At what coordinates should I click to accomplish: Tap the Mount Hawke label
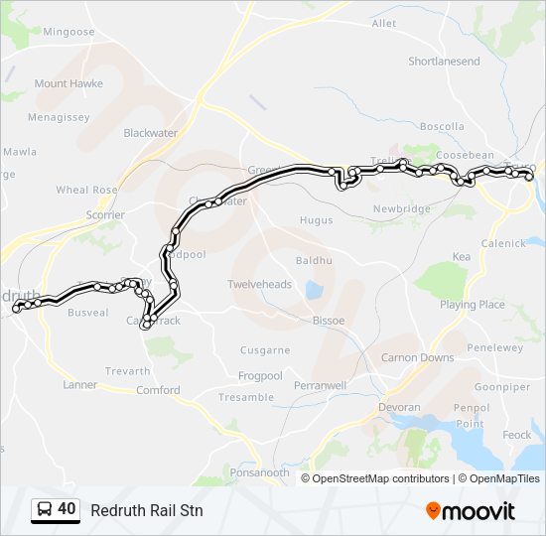[68, 83]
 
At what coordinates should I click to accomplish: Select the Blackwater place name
[149, 132]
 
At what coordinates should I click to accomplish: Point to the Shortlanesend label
[444, 62]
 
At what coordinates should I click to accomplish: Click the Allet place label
[383, 23]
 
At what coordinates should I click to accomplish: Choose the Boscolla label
[442, 126]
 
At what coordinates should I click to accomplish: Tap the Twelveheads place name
[260, 284]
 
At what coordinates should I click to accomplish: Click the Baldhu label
[312, 261]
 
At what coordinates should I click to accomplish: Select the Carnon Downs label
[418, 357]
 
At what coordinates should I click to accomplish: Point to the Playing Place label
[473, 305]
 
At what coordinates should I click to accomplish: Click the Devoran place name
[400, 407]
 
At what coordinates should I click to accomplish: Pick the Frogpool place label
[260, 376]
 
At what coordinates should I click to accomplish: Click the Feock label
[516, 435]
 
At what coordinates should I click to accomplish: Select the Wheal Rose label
[86, 190]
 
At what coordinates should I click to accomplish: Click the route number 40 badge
[67, 509]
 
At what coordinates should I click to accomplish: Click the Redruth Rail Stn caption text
[146, 510]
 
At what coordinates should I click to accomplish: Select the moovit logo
[471, 510]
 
